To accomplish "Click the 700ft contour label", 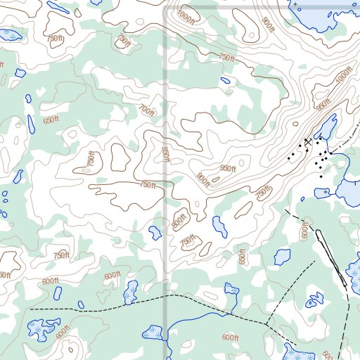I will coord(147,111).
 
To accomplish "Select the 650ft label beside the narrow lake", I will coord(51,120).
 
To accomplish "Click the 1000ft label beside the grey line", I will coord(186,13).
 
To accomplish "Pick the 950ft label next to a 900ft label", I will coord(226,169).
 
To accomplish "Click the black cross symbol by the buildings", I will coord(307,142).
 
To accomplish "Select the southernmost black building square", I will coord(321,176).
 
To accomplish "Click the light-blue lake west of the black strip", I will coord(283,257).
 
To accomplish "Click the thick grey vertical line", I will coord(166,176).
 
